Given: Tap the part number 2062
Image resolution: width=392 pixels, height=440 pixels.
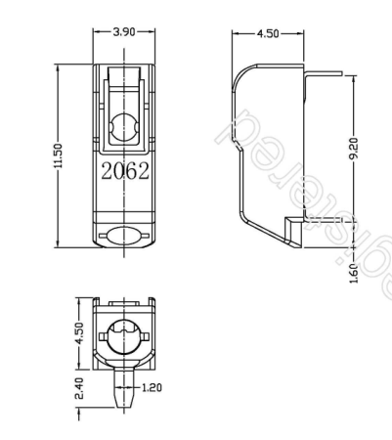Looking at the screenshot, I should click(124, 172).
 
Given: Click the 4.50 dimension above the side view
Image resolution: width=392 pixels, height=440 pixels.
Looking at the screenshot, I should click(266, 33).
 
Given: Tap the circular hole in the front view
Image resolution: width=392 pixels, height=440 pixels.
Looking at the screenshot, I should click(125, 126).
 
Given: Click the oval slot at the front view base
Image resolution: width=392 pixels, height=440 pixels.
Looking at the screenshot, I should click(124, 236).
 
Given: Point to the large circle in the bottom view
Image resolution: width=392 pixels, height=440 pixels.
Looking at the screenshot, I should click(124, 337).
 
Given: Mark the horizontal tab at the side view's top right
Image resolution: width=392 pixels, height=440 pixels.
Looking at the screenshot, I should click(323, 71).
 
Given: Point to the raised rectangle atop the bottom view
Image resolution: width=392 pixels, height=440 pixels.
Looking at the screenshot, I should click(124, 304).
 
